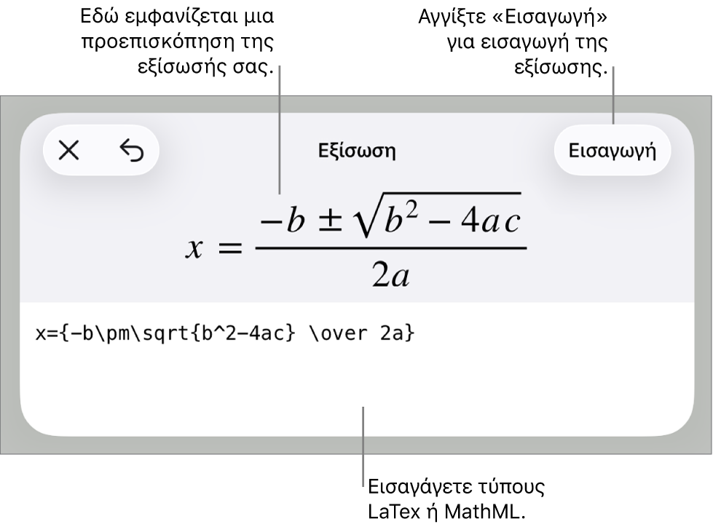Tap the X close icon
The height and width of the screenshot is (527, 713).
68,151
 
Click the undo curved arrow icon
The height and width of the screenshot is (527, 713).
132,151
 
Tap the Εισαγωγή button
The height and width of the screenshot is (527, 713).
612,151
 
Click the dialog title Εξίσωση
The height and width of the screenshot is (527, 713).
357,151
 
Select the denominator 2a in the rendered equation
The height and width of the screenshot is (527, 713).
391,275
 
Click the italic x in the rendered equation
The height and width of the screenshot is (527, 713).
194,249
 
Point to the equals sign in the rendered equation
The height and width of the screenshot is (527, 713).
231,248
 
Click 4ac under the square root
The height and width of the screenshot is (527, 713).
490,222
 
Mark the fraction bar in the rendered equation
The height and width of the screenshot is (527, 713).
391,248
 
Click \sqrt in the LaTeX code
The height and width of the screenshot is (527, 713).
167,334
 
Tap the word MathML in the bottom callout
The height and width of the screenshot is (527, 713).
485,512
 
